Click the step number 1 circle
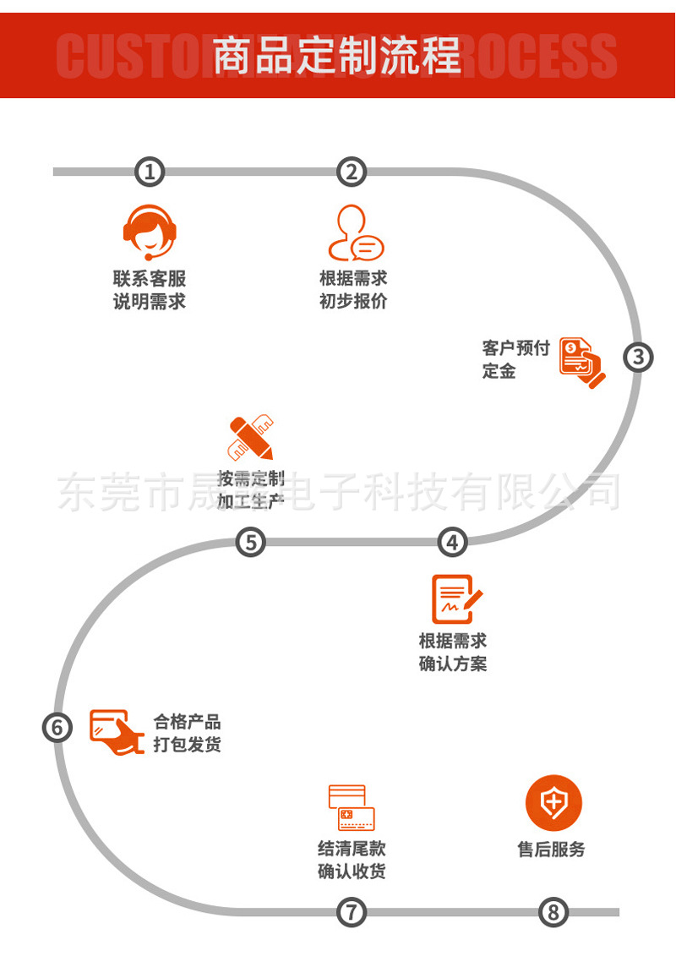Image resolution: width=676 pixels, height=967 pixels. point(150,172)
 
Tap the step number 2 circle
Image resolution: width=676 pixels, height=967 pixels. point(352,172)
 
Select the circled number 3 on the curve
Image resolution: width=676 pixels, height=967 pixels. point(638,358)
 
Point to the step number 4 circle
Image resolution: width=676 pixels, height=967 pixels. point(453,542)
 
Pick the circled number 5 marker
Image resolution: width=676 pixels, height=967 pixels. point(250,542)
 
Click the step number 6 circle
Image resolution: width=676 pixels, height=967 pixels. point(57,727)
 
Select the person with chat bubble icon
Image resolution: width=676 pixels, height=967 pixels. point(355,232)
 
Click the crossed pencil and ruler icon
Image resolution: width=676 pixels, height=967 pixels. point(251,437)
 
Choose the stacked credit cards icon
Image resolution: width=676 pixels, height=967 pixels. point(352,807)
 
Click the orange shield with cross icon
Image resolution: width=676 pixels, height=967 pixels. point(553,803)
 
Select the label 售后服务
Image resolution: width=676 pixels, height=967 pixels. point(551,850)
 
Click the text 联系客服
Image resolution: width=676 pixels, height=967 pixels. point(150,279)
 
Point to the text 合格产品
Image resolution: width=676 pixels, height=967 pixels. point(187,722)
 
